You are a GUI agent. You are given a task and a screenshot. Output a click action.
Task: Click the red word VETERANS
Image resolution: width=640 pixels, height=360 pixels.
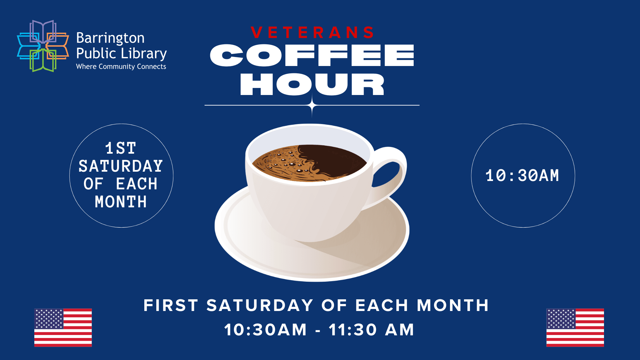[x=312, y=33]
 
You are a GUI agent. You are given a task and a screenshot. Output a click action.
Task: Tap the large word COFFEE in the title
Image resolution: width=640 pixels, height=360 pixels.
[x=312, y=55]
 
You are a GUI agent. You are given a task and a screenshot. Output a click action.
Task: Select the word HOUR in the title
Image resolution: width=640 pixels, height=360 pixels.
[x=312, y=84]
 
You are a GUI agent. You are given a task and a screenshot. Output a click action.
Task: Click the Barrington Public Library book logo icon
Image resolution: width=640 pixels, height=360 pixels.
[x=43, y=46]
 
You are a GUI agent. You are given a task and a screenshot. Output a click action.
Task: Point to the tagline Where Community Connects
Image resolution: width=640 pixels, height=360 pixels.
[x=121, y=67]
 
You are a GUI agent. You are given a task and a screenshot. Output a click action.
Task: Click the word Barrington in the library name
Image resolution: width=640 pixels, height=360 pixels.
[x=110, y=38]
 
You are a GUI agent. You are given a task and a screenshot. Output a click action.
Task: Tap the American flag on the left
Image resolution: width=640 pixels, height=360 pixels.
[x=63, y=328]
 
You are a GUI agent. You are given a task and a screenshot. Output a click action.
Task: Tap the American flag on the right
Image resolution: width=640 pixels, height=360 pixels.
[x=575, y=328]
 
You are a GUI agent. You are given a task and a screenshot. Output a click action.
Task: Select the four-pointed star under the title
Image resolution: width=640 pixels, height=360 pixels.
[x=312, y=105]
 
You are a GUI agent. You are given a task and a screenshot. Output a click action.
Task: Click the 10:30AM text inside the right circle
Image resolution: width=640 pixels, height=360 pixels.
[x=522, y=176]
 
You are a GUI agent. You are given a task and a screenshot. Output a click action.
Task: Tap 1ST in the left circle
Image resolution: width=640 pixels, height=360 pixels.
[x=121, y=148]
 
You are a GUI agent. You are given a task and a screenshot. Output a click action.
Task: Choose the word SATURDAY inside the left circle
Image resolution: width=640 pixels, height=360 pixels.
[x=121, y=166]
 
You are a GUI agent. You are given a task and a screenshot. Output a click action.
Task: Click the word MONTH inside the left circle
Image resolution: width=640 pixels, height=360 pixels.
[x=121, y=202]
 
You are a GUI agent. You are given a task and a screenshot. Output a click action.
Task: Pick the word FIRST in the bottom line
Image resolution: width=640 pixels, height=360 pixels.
[x=171, y=305]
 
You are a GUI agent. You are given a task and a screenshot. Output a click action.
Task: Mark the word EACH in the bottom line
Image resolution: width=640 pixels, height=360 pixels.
[x=382, y=305]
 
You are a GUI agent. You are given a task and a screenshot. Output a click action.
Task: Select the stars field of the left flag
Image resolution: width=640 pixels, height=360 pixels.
[x=49, y=319]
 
